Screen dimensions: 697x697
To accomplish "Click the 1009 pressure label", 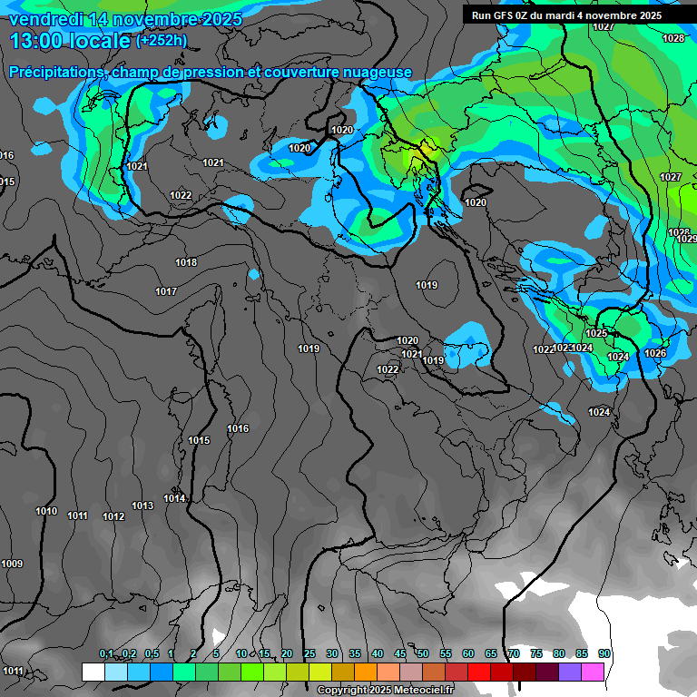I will (x=12, y=564).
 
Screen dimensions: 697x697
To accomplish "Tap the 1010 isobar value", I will (x=46, y=512).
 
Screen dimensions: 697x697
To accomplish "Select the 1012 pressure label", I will (x=113, y=517).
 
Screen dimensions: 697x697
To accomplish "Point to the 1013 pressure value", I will (x=142, y=506).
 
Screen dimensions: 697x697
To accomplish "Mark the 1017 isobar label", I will (x=166, y=292).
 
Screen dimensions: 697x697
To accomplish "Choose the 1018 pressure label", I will (x=186, y=263).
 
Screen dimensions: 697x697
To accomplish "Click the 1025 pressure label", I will (x=596, y=334).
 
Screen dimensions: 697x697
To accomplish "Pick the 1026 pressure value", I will (x=655, y=354).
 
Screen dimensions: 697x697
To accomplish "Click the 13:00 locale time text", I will (x=69, y=41).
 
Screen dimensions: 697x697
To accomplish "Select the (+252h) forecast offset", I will (x=162, y=41).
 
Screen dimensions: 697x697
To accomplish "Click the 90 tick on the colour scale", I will (x=604, y=654).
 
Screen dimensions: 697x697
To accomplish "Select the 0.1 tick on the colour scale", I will (x=106, y=654).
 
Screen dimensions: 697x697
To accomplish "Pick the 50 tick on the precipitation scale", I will (x=423, y=654).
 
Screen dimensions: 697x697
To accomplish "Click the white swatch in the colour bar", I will (x=93, y=672).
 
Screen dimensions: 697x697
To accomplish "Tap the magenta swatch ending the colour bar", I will (x=593, y=672).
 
